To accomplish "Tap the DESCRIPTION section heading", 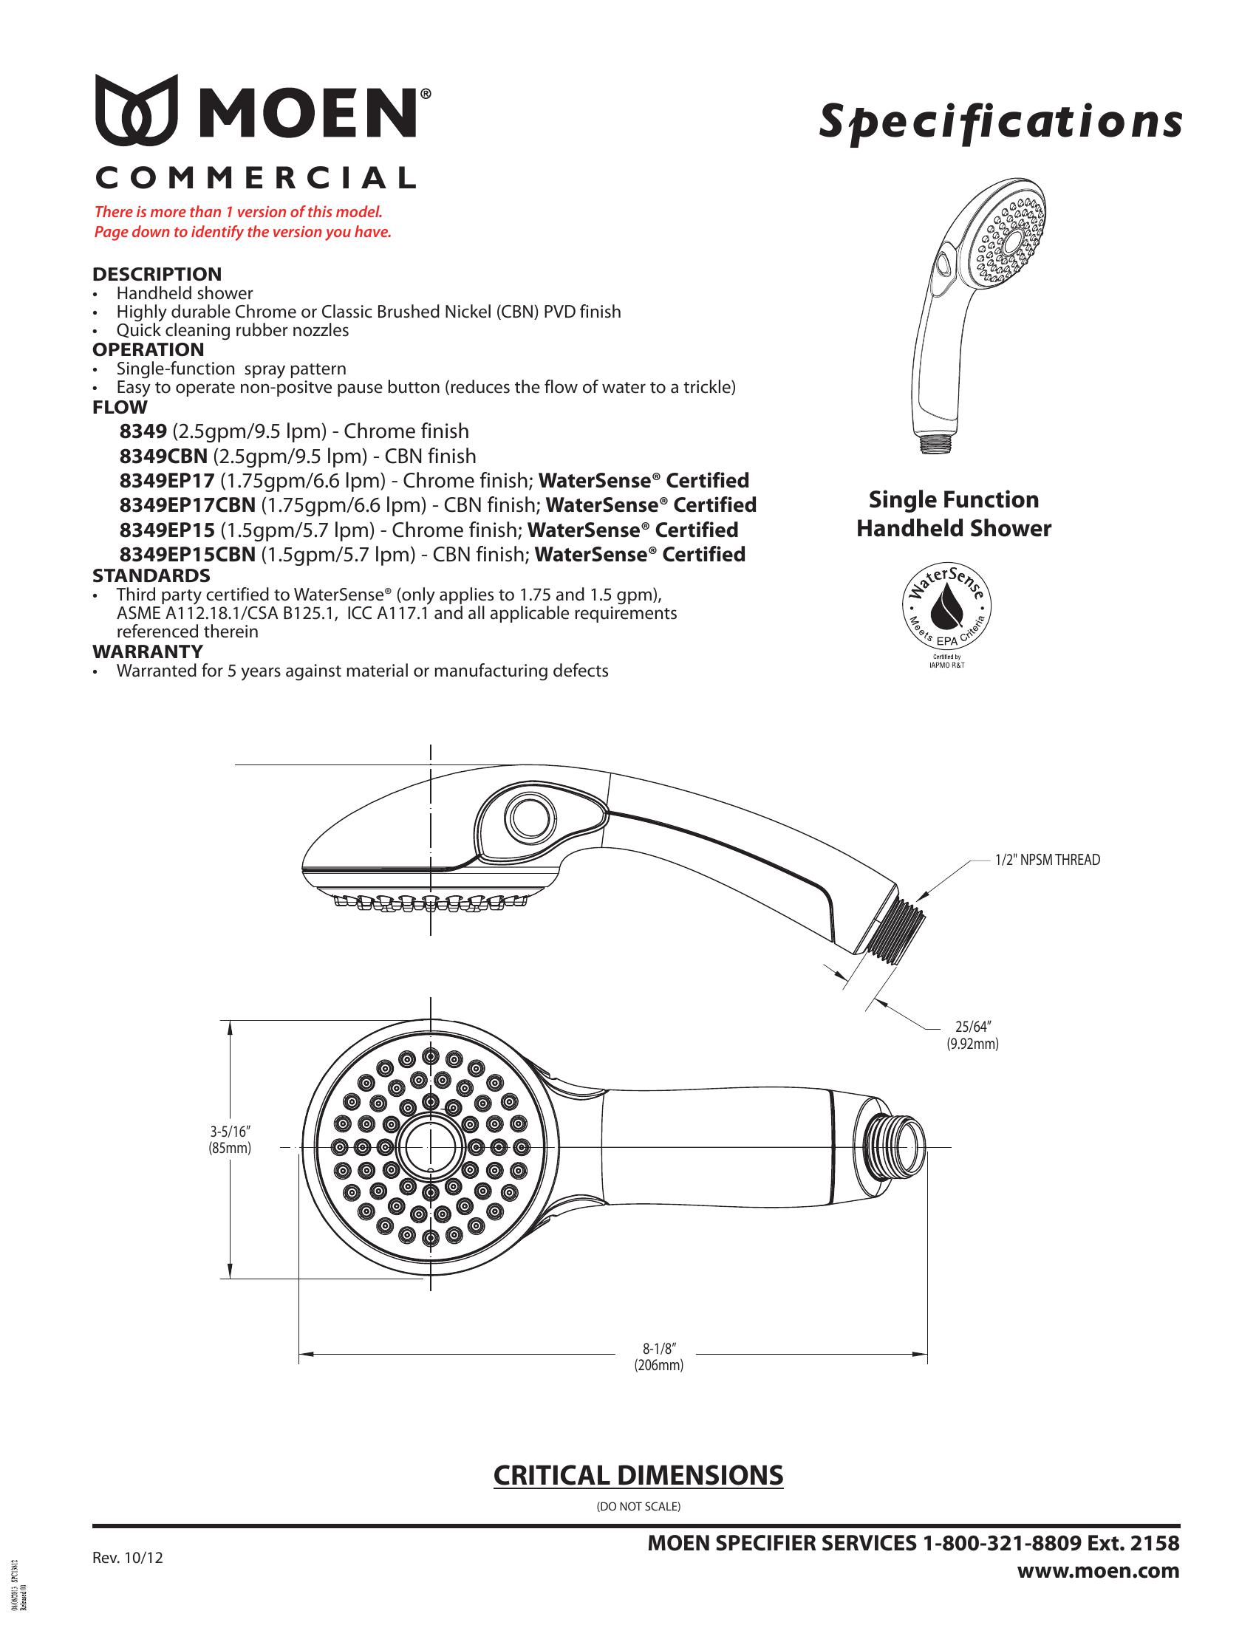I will click(x=157, y=274).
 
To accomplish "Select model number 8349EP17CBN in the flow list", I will click(x=188, y=505).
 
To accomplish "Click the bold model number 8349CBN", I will click(x=163, y=456).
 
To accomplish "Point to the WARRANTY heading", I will click(x=147, y=651).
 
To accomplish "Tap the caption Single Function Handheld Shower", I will click(x=953, y=513).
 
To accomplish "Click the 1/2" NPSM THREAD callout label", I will click(x=1047, y=860).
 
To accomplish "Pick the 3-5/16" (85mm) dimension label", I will click(x=230, y=1140).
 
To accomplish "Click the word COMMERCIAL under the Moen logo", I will click(x=255, y=179).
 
